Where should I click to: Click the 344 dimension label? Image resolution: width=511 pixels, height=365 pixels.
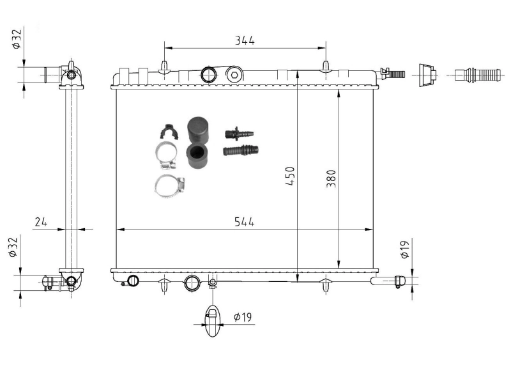coord(244,40)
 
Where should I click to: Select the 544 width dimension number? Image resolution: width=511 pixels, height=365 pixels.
coord(244,222)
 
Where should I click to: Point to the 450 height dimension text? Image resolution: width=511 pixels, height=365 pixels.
coord(290,176)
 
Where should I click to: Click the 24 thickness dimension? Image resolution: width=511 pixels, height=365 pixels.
coord(41,222)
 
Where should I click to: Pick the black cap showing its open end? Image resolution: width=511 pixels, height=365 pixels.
coord(197,157)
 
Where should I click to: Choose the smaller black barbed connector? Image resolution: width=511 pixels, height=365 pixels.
coord(239,134)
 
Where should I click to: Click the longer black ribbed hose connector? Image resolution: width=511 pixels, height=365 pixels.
coord(241,151)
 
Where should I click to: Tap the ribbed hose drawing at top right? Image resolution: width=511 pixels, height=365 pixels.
coord(478,75)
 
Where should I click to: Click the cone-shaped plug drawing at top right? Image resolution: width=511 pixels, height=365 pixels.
coord(426,75)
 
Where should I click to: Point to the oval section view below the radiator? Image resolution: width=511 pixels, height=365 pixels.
coord(212,317)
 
